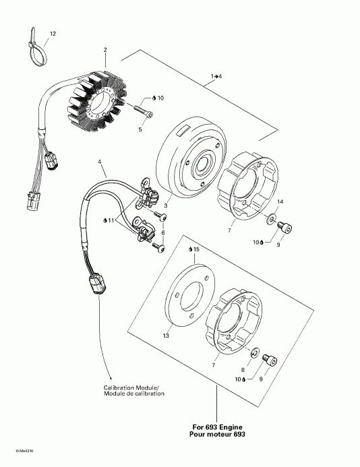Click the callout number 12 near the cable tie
[53, 33]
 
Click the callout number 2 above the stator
[105, 50]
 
